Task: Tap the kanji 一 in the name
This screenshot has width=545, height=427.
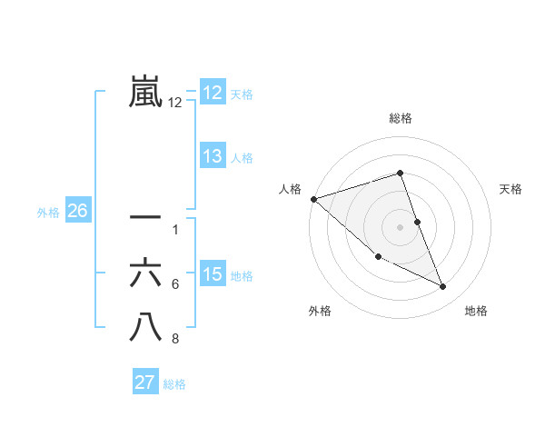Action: pos(146,218)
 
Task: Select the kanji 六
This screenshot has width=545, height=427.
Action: pos(146,273)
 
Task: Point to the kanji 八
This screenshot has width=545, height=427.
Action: pos(146,327)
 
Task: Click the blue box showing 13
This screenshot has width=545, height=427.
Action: pos(213,156)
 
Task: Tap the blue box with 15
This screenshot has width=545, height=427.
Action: pos(213,274)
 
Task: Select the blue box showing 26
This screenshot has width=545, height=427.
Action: pos(77,211)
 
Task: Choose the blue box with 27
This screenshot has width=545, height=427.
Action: pos(145,382)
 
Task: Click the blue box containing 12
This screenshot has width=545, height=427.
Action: pos(213,93)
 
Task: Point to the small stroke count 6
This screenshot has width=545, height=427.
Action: pos(175,284)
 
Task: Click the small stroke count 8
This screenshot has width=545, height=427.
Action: pos(175,340)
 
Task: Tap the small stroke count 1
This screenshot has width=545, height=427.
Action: pos(175,229)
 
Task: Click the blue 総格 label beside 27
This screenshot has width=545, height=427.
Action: pos(174,384)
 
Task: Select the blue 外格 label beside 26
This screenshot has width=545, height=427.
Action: pos(48,213)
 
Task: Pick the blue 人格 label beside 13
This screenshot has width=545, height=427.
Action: pos(242,158)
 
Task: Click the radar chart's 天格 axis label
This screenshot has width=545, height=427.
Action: pos(511,189)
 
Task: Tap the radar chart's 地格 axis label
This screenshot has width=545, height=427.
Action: pos(476,311)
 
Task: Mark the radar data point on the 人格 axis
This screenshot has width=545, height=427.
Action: pos(313,198)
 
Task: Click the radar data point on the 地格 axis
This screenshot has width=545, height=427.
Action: pos(443,287)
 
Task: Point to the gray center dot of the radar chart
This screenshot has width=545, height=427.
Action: pos(400,226)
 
